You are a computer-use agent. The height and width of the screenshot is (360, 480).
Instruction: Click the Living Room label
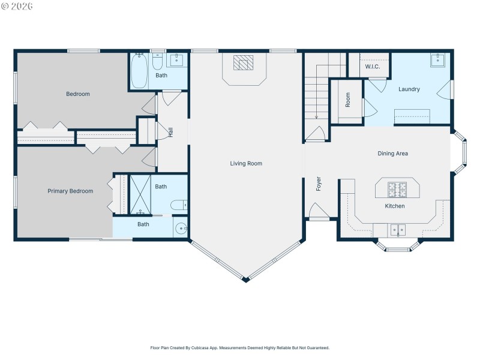(246, 163)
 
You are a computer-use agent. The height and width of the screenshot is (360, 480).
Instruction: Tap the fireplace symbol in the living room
(244, 63)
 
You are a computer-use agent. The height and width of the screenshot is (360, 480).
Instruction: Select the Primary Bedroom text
(70, 191)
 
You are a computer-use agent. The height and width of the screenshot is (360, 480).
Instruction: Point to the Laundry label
(409, 89)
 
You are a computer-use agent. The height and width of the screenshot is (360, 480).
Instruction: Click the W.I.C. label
(373, 67)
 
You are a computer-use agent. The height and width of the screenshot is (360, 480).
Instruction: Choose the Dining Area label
(392, 154)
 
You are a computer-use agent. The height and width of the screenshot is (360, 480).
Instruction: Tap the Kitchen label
(394, 206)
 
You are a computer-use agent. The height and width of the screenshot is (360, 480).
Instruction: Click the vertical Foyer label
(319, 184)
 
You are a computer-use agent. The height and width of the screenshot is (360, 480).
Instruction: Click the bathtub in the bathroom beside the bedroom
(139, 71)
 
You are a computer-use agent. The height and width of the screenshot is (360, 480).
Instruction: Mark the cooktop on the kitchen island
(397, 189)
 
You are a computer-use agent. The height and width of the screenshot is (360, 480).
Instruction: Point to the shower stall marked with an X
(140, 194)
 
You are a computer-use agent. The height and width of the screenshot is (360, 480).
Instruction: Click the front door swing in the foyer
(317, 211)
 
